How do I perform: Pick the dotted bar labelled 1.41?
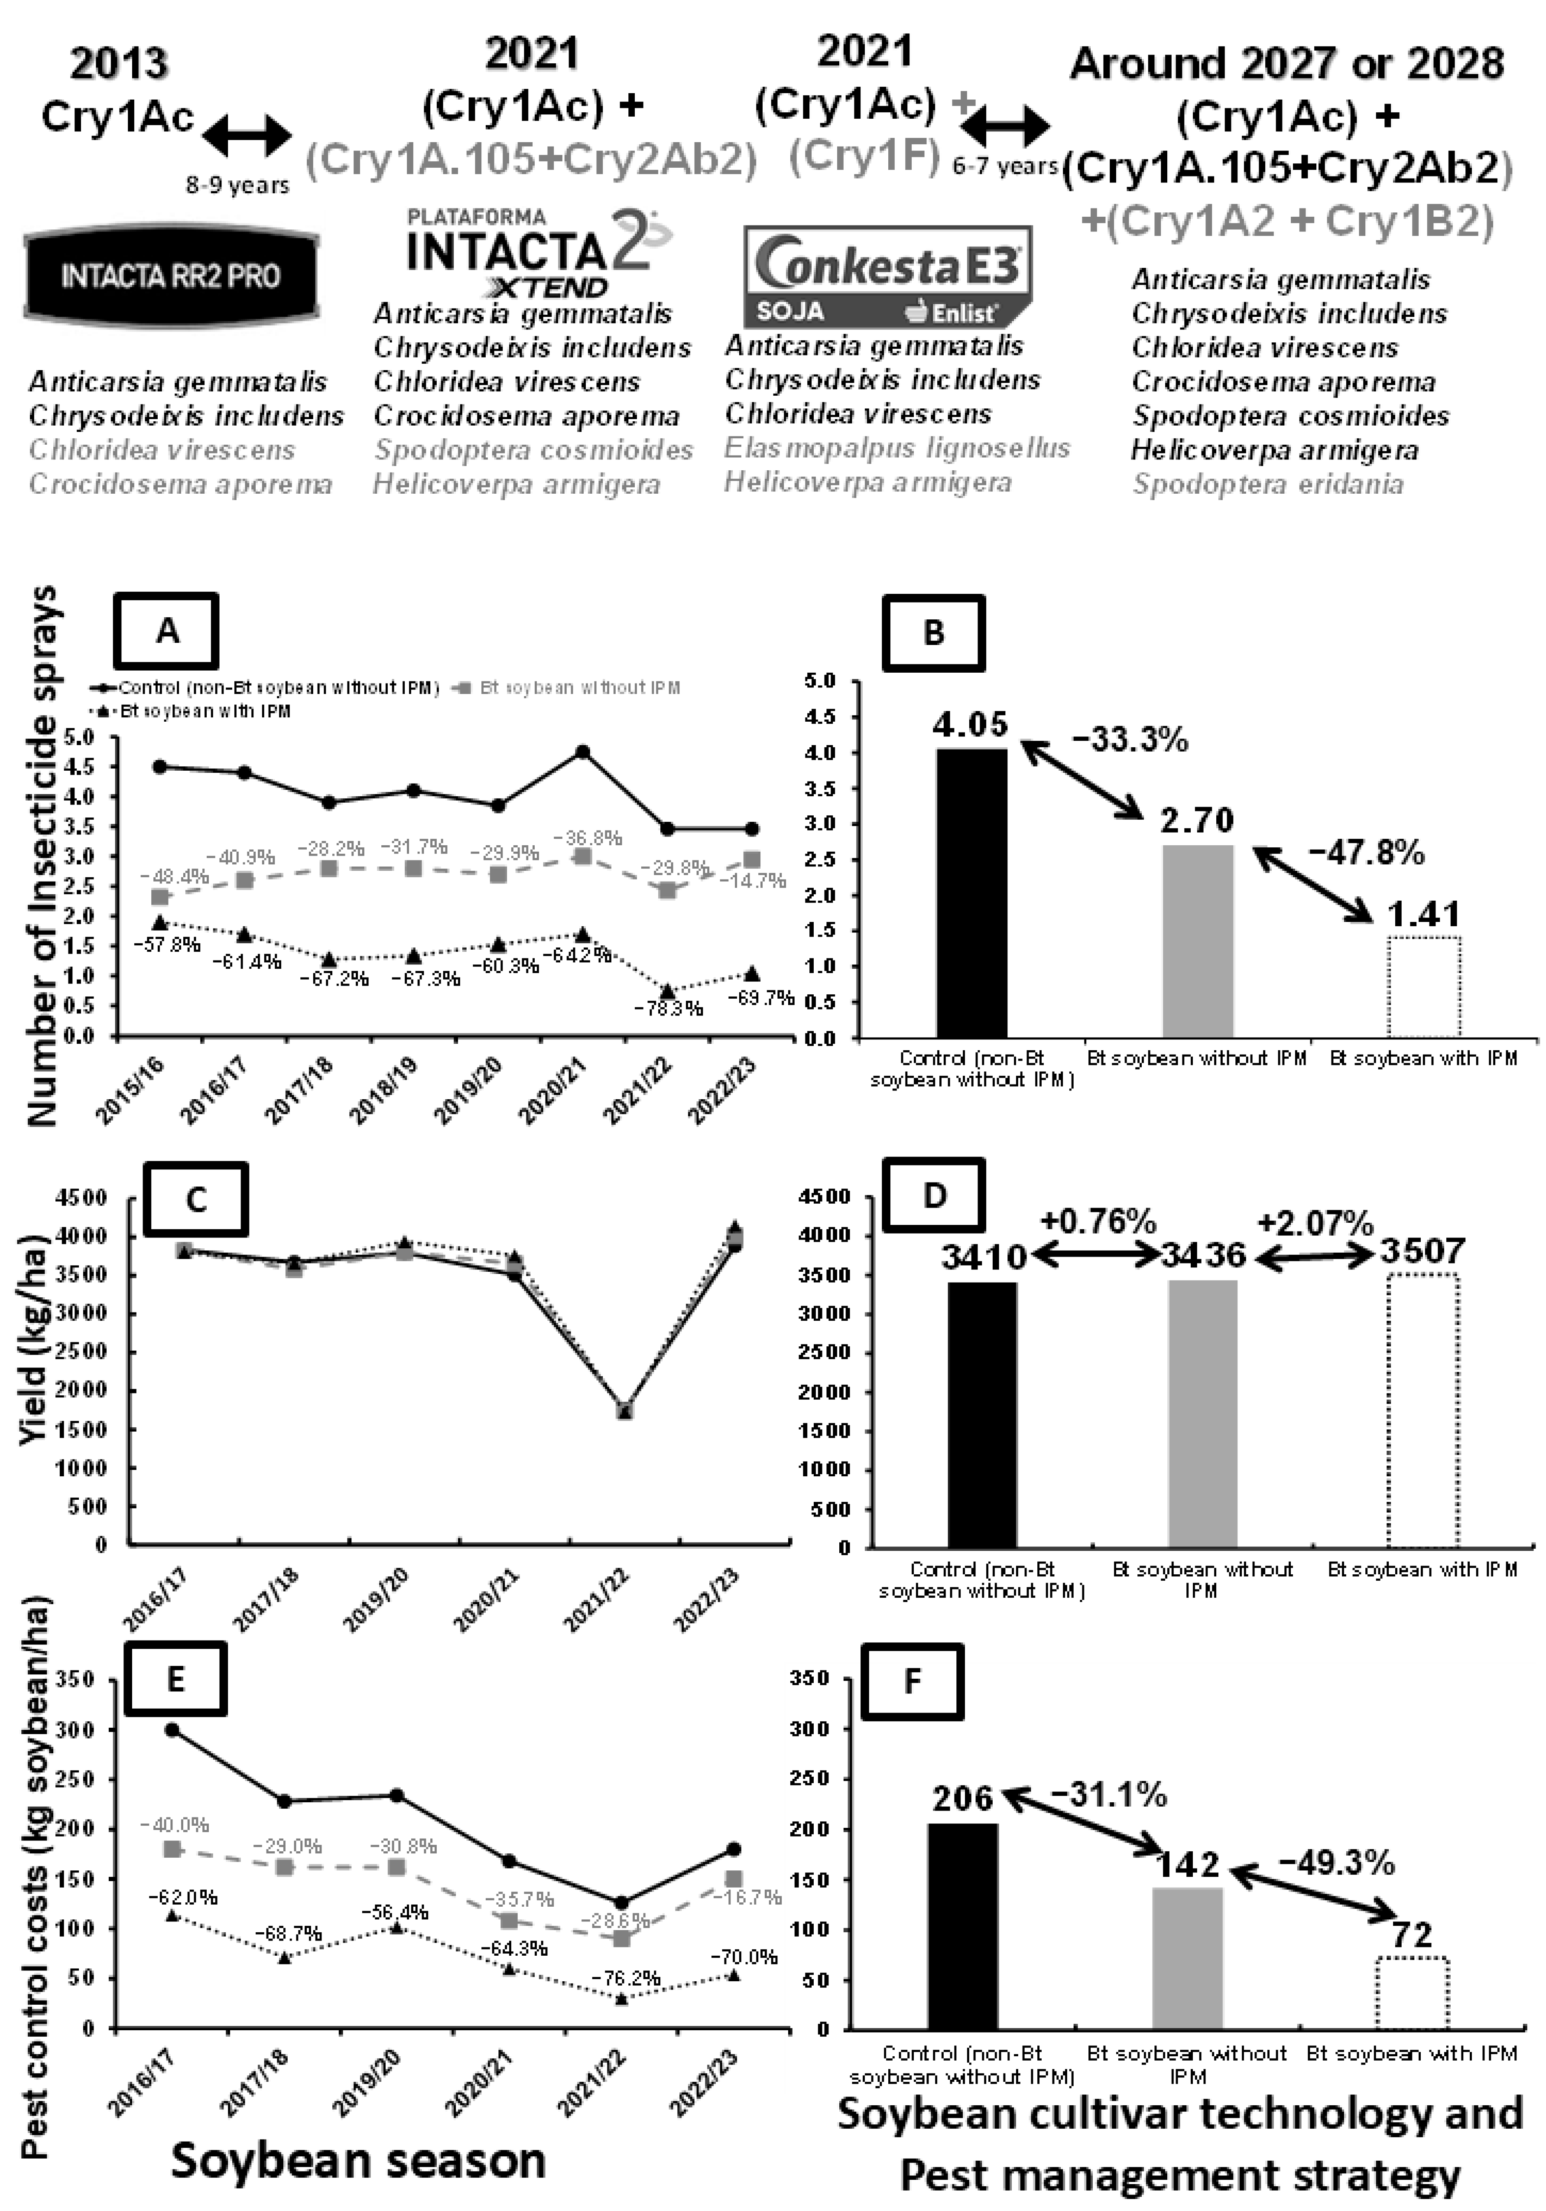point(1425,987)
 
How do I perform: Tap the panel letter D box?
point(934,1197)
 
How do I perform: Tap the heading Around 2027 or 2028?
point(1286,65)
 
